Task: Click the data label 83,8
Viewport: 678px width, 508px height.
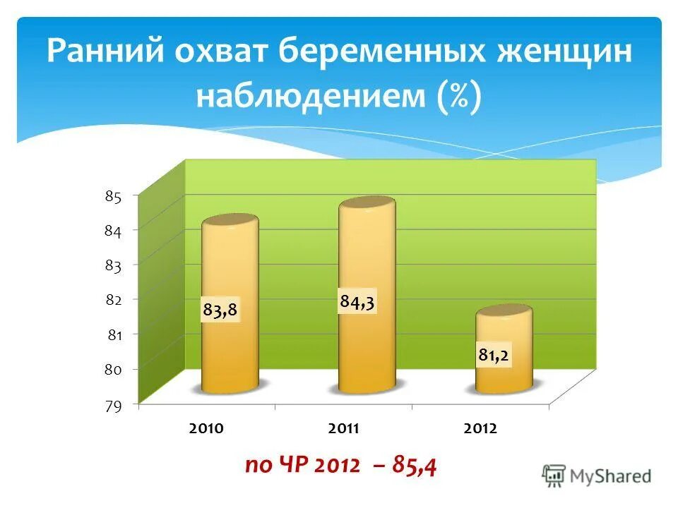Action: pos(220,310)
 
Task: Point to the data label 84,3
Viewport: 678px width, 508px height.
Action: pos(357,302)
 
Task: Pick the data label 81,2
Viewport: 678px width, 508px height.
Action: pos(494,356)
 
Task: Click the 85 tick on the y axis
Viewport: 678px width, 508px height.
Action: pos(114,197)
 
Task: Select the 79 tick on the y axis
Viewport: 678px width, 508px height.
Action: pos(114,405)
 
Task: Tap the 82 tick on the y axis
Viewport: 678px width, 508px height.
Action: pos(114,300)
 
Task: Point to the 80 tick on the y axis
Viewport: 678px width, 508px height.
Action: pos(114,370)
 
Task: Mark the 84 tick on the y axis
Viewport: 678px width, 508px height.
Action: pos(114,231)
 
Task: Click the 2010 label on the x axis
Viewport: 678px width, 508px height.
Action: pos(207,429)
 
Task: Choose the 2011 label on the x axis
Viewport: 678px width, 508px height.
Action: pos(344,429)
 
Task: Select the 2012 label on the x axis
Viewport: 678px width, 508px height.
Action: pos(481,429)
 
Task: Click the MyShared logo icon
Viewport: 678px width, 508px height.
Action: pos(554,476)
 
